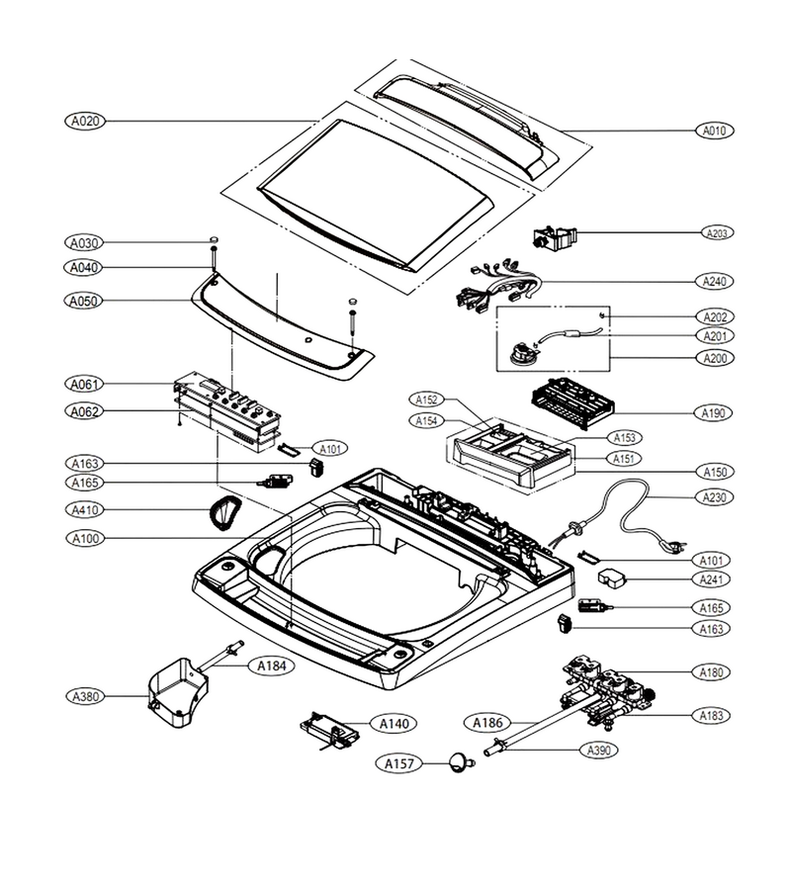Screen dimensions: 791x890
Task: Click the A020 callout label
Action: pyautogui.click(x=85, y=121)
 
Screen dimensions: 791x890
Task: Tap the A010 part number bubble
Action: pyautogui.click(x=715, y=131)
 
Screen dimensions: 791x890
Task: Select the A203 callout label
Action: pyautogui.click(x=717, y=232)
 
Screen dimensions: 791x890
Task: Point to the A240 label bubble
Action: pyautogui.click(x=715, y=281)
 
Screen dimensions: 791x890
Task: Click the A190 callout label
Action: pyautogui.click(x=713, y=412)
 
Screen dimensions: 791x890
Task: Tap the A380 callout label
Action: pyautogui.click(x=86, y=696)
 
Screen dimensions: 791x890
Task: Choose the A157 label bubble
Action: pyautogui.click(x=399, y=763)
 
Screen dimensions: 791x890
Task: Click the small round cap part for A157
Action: pyautogui.click(x=461, y=761)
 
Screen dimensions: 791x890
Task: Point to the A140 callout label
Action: pyautogui.click(x=394, y=724)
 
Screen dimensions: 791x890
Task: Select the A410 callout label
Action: pyautogui.click(x=85, y=509)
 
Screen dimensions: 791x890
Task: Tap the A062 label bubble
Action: pyautogui.click(x=85, y=411)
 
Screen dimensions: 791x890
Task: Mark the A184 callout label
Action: pyautogui.click(x=272, y=666)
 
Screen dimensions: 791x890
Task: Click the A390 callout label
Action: pyautogui.click(x=598, y=750)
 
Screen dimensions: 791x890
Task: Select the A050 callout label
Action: pyautogui.click(x=84, y=301)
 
